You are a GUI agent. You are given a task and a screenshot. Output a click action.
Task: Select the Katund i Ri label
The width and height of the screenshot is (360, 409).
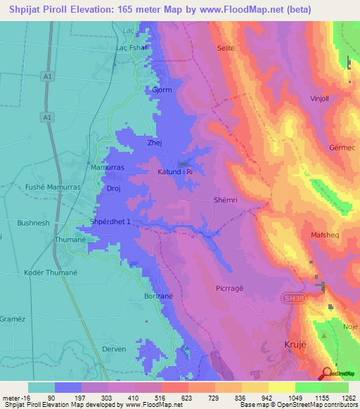175,171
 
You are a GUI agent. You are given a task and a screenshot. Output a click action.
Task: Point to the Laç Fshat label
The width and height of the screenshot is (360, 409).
131,48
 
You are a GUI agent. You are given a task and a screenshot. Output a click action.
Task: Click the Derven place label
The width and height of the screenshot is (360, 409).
113,349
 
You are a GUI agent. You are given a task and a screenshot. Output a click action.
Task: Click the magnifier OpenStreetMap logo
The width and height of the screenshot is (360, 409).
328,374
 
